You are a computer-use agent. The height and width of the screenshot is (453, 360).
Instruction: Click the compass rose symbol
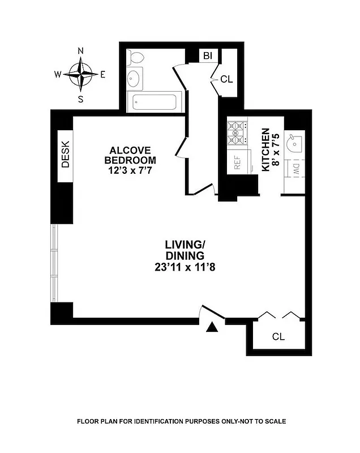click(81, 74)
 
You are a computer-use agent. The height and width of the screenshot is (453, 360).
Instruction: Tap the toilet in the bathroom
click(136, 58)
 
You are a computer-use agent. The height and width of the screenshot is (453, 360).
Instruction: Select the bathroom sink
click(135, 79)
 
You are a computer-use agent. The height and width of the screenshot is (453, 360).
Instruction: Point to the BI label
click(208, 55)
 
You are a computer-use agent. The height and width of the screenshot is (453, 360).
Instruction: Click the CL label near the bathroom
click(226, 79)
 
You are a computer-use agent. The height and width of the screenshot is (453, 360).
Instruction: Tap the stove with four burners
click(235, 133)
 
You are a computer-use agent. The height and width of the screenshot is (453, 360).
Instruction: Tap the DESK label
click(65, 154)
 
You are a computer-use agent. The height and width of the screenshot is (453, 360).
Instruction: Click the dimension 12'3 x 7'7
click(130, 170)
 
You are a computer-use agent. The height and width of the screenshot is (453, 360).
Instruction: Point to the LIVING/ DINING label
click(185, 250)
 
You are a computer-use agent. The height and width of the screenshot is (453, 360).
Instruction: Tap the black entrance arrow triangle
click(212, 327)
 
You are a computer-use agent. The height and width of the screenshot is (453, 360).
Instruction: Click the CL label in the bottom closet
click(278, 337)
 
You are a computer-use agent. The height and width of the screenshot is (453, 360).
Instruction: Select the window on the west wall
click(54, 264)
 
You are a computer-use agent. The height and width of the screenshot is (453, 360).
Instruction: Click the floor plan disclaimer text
click(181, 422)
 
